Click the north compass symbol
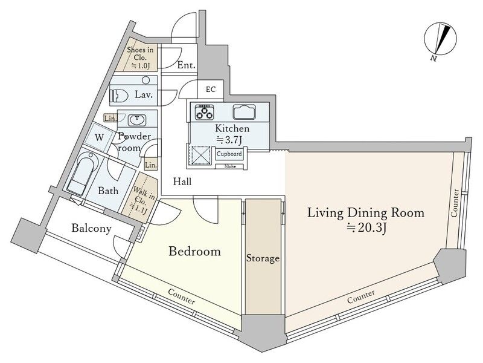tap(440, 40)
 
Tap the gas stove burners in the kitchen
tap(204, 112)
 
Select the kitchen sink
tap(244, 112)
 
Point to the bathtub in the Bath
tap(82, 174)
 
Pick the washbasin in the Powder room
tap(136, 120)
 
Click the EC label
tap(211, 90)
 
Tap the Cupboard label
tap(229, 154)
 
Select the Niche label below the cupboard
tap(230, 166)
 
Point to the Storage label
tap(263, 258)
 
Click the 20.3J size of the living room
tap(366, 228)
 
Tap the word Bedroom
tap(194, 251)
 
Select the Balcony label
tap(91, 229)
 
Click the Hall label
tap(182, 181)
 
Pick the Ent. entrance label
tap(187, 65)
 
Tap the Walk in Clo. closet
tap(140, 198)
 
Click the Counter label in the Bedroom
tap(182, 296)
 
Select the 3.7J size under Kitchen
tap(229, 140)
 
